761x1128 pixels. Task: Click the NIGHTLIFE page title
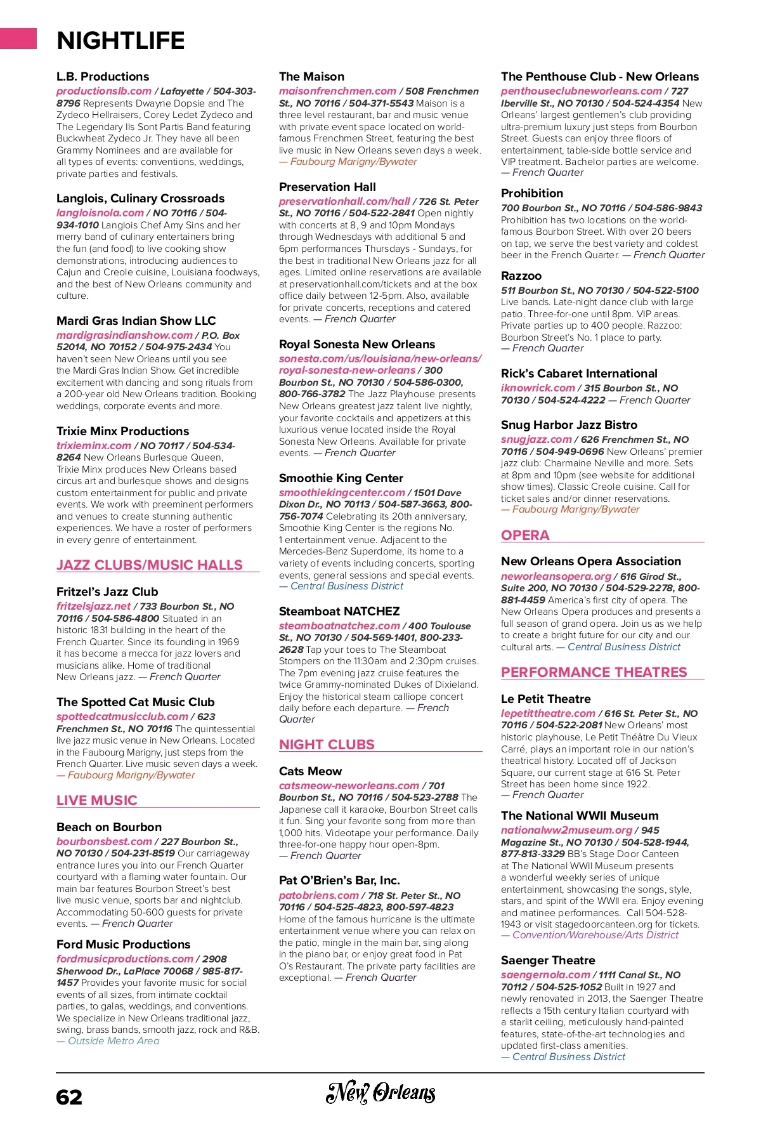pos(120,41)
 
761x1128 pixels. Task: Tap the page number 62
pos(69,1097)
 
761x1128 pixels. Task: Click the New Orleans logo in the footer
pos(380,1092)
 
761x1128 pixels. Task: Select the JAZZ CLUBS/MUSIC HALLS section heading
pos(150,565)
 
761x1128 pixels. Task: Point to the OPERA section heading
pos(525,535)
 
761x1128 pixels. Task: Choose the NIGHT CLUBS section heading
pos(327,744)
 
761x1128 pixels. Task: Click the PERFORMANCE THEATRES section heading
pos(594,672)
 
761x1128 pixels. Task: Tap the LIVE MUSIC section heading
pos(97,800)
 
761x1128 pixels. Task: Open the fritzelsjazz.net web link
pos(93,606)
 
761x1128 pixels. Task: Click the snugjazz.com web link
pos(536,439)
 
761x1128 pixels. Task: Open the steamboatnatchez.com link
pos(339,626)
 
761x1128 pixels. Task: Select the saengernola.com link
pos(545,974)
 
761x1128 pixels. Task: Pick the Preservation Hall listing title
pos(327,187)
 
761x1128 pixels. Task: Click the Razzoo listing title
pos(521,276)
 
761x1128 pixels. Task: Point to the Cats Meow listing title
pos(310,771)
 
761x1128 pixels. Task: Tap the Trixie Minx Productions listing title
pos(122,431)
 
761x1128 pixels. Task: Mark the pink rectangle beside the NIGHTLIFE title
pos(18,38)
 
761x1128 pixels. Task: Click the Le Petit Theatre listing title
pos(545,698)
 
